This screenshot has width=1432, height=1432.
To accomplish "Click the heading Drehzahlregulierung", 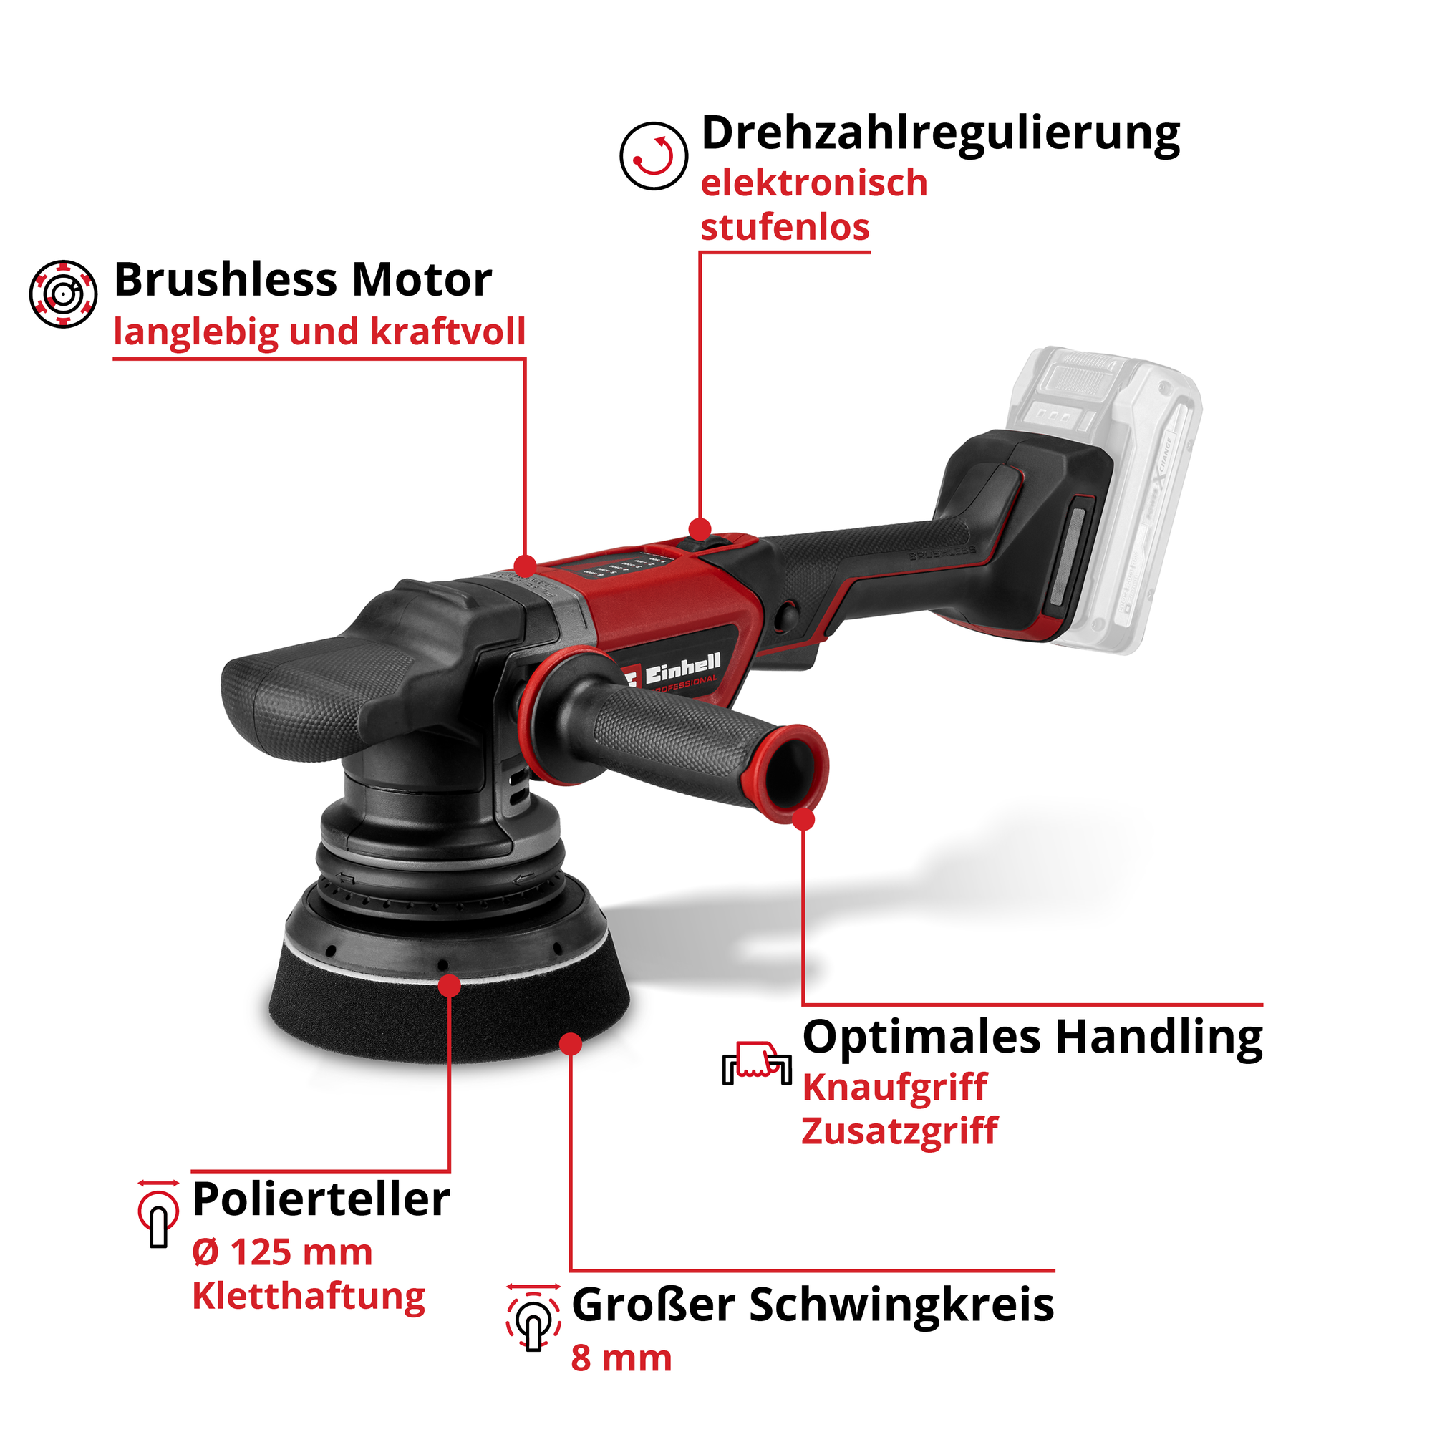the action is pyautogui.click(x=940, y=135).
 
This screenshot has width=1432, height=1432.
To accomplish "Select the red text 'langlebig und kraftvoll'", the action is pyautogui.click(x=319, y=332).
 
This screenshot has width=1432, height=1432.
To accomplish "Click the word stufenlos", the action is pyautogui.click(x=785, y=227).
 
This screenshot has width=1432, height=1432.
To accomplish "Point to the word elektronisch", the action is pyautogui.click(x=814, y=183).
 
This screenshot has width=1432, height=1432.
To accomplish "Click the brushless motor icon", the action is pyautogui.click(x=63, y=293).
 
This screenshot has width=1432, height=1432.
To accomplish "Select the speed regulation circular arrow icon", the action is pyautogui.click(x=654, y=155).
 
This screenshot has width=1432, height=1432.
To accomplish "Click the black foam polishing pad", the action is pyautogui.click(x=449, y=1005).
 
